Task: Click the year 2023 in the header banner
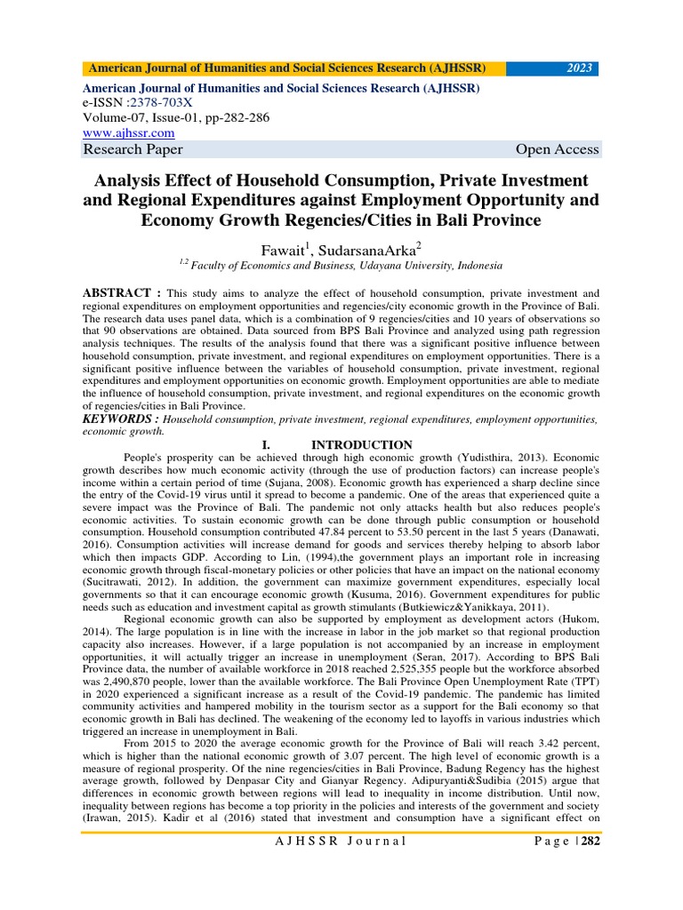pyautogui.click(x=579, y=68)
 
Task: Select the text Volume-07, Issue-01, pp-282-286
pyautogui.click(x=175, y=117)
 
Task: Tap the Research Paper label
pyautogui.click(x=133, y=149)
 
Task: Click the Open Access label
pyautogui.click(x=557, y=149)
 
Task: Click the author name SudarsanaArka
pyautogui.click(x=362, y=245)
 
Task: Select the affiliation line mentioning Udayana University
pyautogui.click(x=341, y=265)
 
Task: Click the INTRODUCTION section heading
pyautogui.click(x=361, y=444)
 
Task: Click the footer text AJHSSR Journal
pyautogui.click(x=341, y=841)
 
